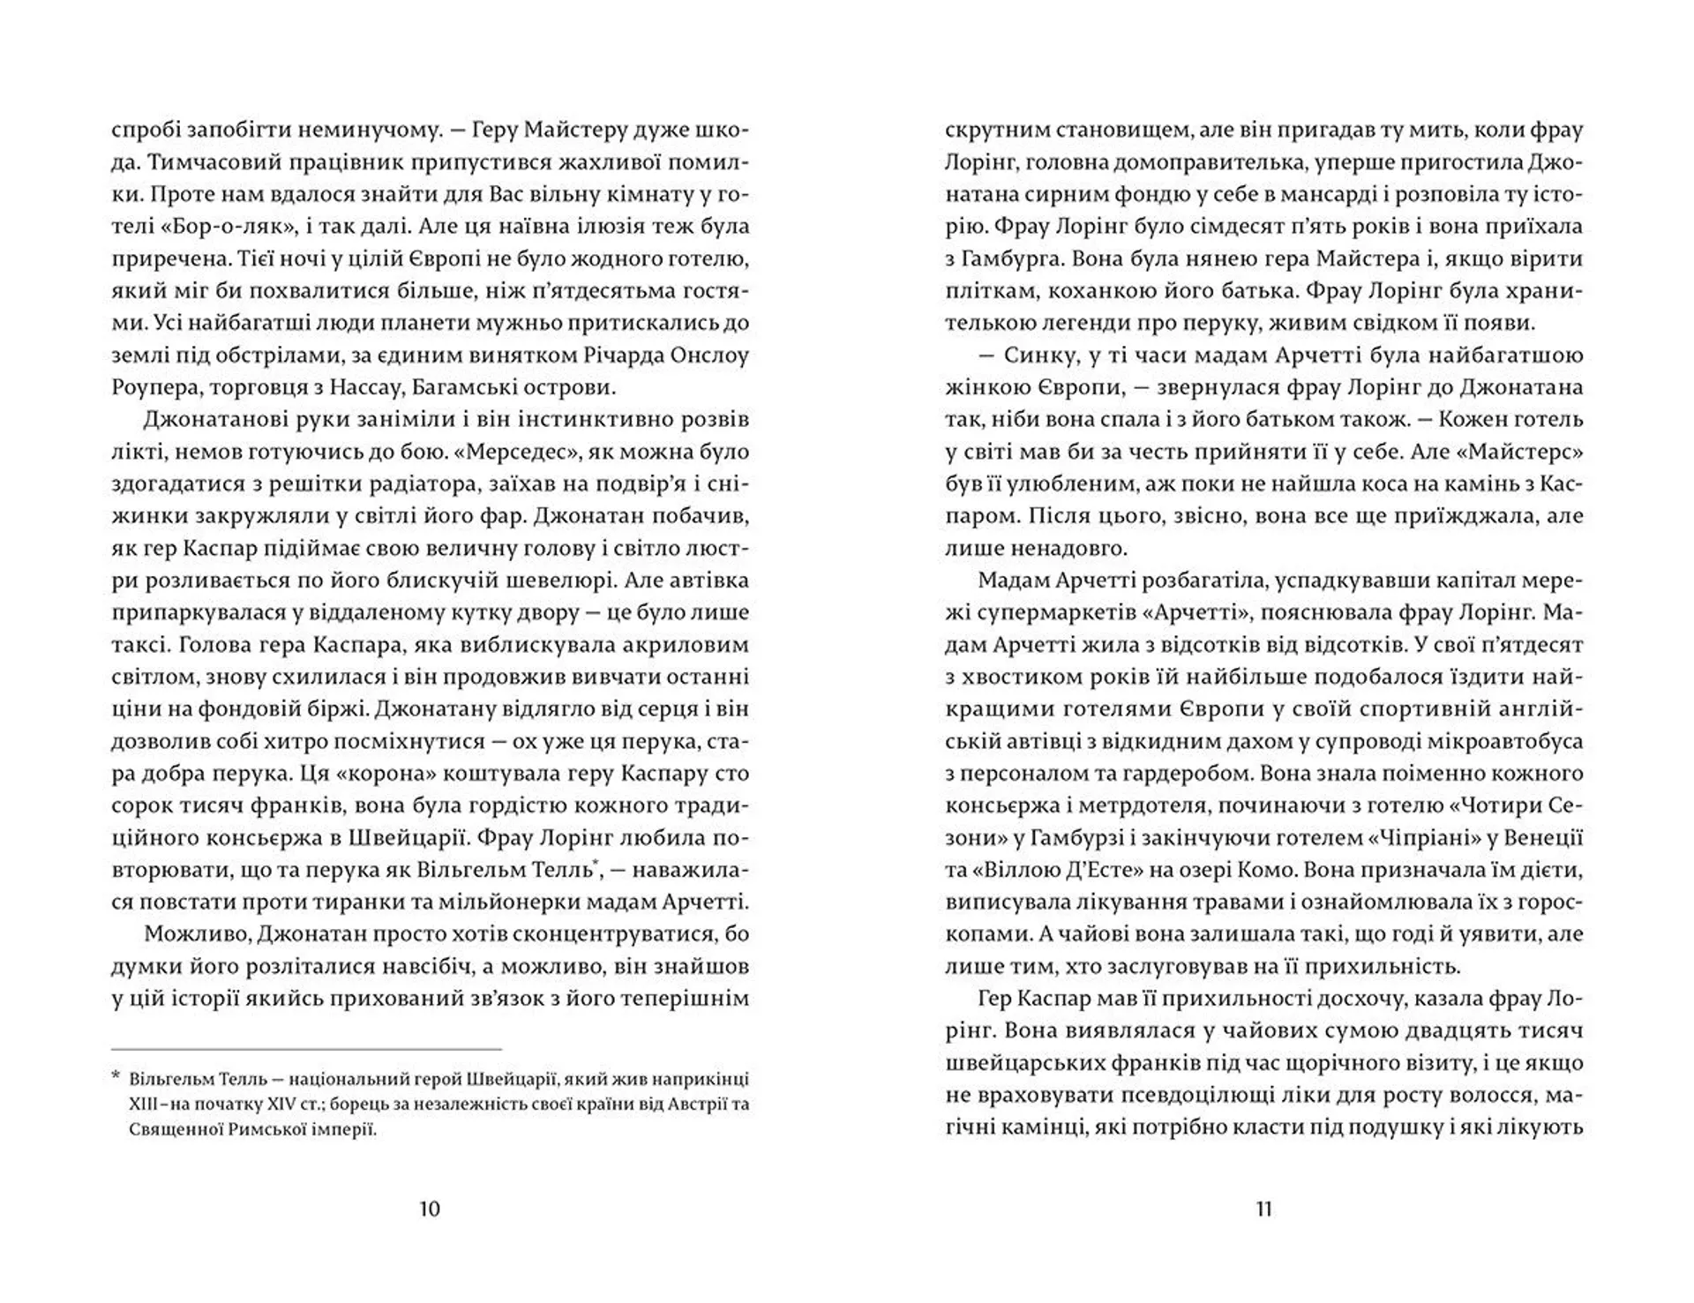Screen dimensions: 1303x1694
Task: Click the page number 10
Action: coord(429,1208)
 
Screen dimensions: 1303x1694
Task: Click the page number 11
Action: coord(1263,1208)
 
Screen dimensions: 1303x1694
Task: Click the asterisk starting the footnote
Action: coord(116,1078)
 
